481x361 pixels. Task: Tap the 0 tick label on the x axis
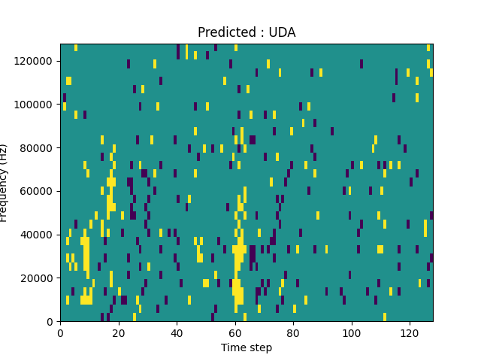(x=60, y=332)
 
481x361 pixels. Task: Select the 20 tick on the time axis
(x=119, y=332)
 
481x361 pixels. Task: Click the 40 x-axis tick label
(x=177, y=332)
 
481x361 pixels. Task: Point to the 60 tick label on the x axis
(x=235, y=332)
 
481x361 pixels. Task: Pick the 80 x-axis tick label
(x=293, y=332)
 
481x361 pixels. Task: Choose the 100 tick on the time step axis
(x=352, y=332)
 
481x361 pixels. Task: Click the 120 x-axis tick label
(x=410, y=332)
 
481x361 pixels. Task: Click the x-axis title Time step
(x=247, y=347)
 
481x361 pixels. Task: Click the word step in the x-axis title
(x=260, y=348)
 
